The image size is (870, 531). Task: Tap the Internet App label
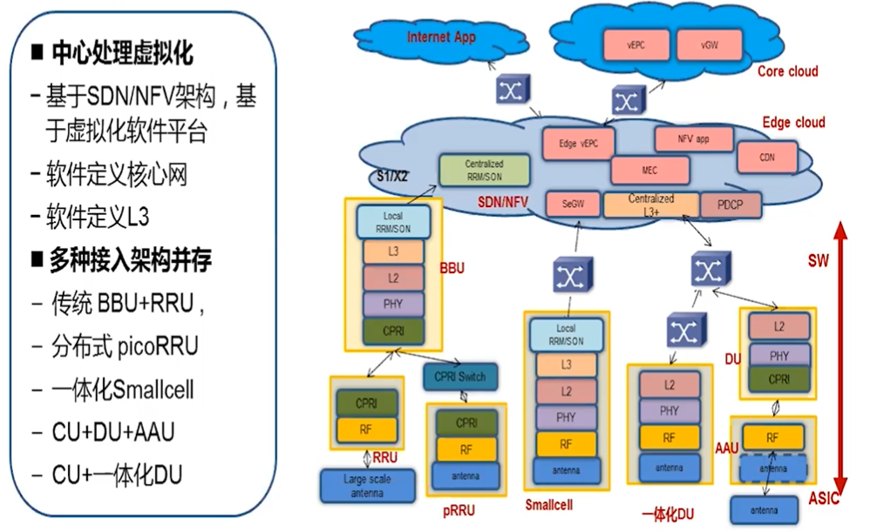coord(441,37)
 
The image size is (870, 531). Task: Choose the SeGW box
coord(573,205)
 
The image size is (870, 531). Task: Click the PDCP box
coord(730,205)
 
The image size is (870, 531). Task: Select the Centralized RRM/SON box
coord(484,170)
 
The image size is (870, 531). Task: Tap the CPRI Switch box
coord(460,376)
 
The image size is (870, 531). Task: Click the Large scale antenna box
coord(367,485)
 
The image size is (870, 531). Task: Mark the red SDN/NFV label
coord(504,203)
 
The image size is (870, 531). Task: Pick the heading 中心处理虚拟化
coord(122,53)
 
